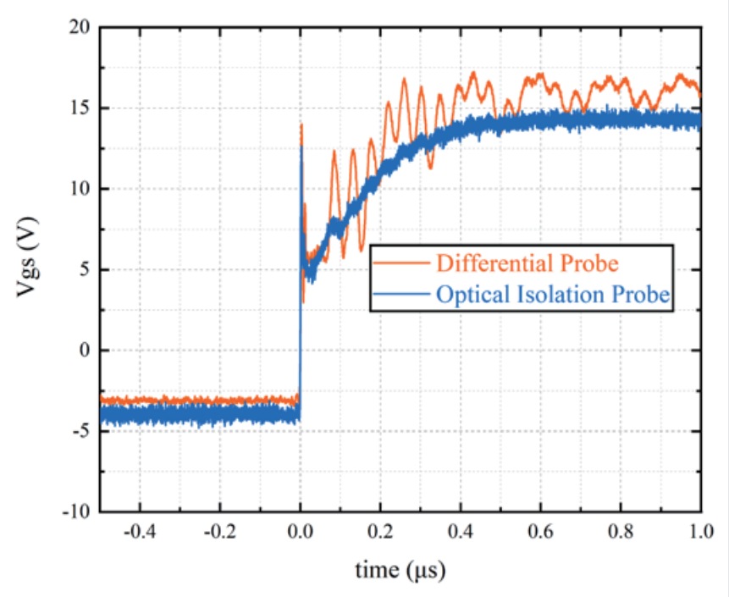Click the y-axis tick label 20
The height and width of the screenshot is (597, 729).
[80, 27]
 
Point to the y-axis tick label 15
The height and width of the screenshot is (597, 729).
[80, 108]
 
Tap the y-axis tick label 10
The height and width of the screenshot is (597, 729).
[80, 189]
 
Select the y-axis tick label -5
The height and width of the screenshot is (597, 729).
[83, 431]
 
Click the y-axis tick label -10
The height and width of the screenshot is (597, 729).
[78, 511]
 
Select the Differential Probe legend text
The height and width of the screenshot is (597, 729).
[527, 263]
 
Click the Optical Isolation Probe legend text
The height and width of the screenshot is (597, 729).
[553, 295]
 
